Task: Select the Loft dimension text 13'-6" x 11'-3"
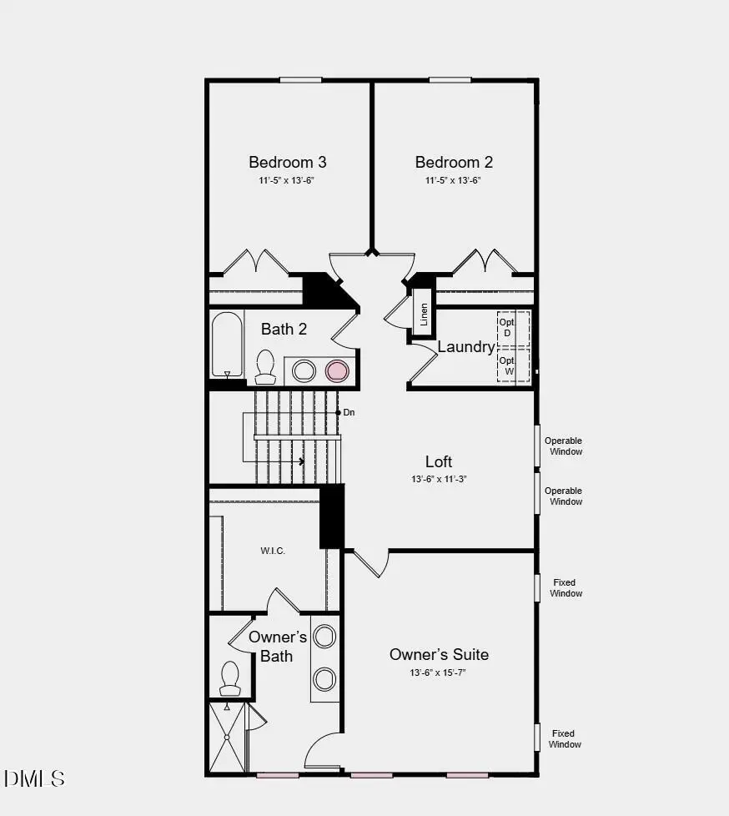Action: click(x=439, y=479)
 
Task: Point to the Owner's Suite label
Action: click(x=439, y=654)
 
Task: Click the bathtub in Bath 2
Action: click(x=226, y=345)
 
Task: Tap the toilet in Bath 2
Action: click(x=265, y=365)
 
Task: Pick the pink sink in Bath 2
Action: click(x=336, y=370)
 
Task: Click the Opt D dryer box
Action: click(x=507, y=327)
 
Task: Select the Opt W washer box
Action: click(x=507, y=365)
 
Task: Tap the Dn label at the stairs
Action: click(x=349, y=412)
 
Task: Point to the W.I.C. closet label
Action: click(x=272, y=551)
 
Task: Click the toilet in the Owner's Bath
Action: click(x=229, y=677)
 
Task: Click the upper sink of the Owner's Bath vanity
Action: click(x=324, y=637)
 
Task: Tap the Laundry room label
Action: click(x=465, y=347)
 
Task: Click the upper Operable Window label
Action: click(x=564, y=446)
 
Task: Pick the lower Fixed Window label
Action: click(x=565, y=739)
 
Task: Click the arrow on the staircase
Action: click(x=300, y=461)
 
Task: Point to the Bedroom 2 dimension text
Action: click(x=454, y=180)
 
